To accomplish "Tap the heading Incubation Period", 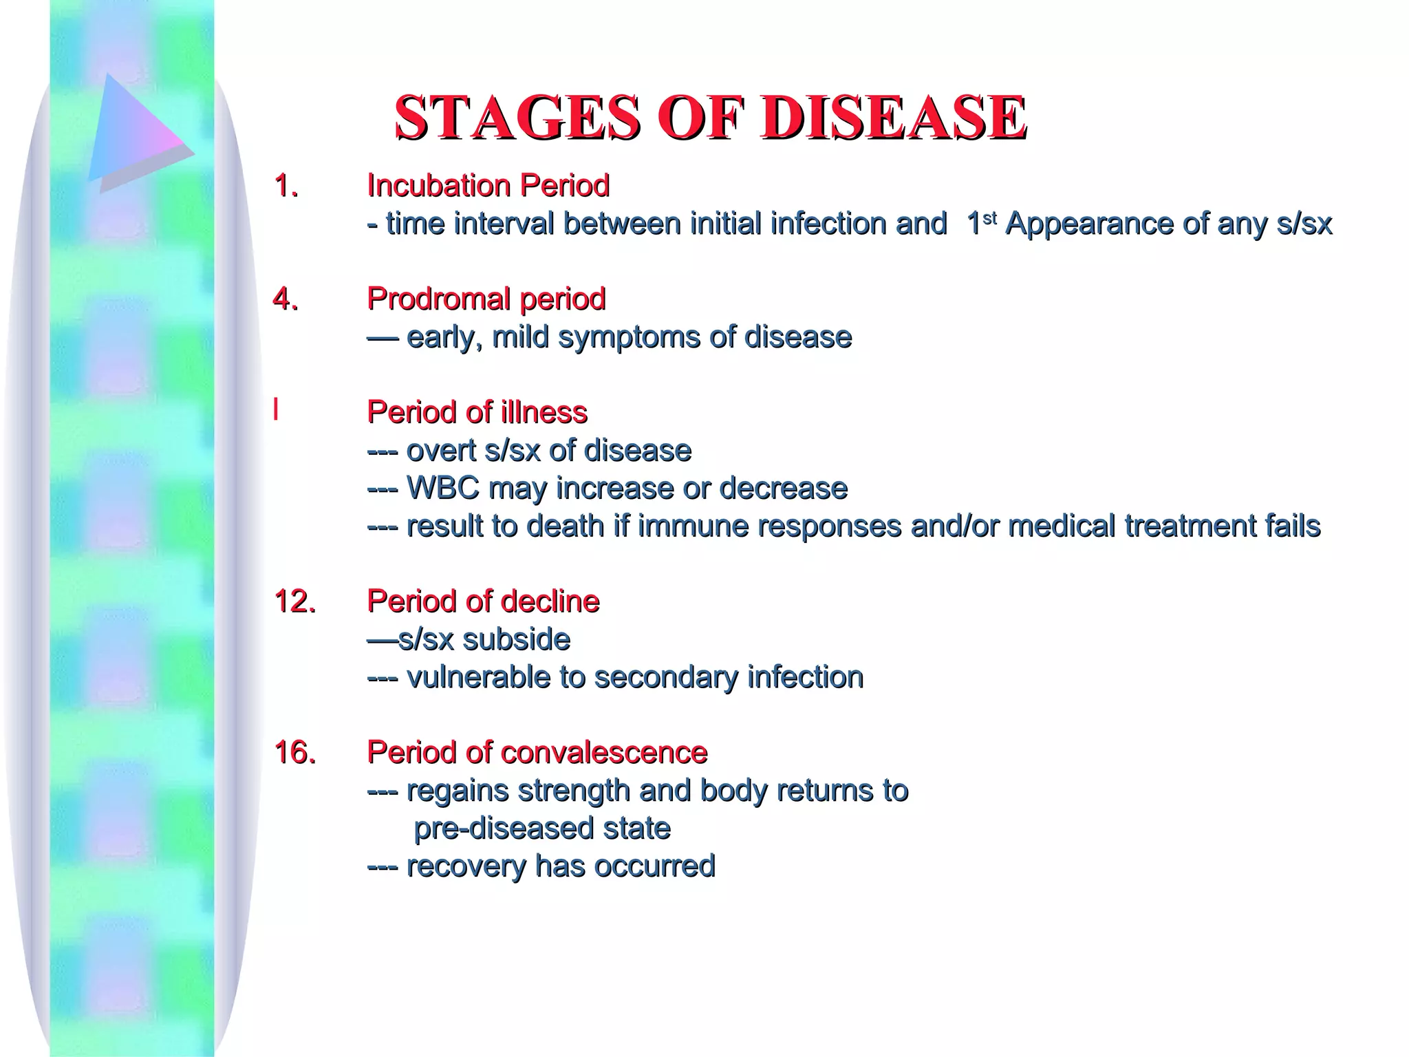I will pyautogui.click(x=488, y=186).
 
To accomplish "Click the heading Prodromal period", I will pyautogui.click(x=486, y=299).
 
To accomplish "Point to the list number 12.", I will pyautogui.click(x=294, y=601).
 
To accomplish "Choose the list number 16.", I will pyautogui.click(x=294, y=753).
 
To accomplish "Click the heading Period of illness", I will pyautogui.click(x=477, y=412).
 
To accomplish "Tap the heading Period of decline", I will pyautogui.click(x=483, y=601).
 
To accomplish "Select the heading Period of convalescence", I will pyautogui.click(x=537, y=753).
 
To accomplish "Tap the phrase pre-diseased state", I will pyautogui.click(x=541, y=829).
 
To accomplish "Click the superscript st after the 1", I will pyautogui.click(x=989, y=217).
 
